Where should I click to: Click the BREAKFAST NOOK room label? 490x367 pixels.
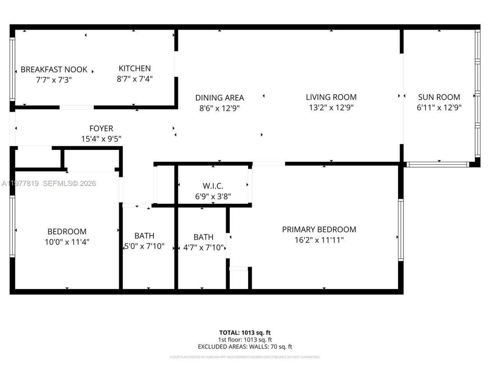[54, 70]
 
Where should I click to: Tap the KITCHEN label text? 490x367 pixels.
[134, 68]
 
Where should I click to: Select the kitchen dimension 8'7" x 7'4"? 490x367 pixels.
[134, 79]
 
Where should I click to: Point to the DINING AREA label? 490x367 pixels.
[219, 98]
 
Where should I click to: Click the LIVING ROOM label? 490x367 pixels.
[331, 97]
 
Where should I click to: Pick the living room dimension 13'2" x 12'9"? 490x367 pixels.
[331, 108]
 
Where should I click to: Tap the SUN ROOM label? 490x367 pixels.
[439, 97]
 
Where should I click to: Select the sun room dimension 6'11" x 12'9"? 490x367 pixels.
[439, 108]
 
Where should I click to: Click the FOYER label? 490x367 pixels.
[101, 128]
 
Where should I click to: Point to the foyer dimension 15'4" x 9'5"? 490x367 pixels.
[101, 139]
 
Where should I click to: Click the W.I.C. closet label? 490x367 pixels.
[213, 186]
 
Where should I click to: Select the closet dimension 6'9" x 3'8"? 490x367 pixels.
[213, 196]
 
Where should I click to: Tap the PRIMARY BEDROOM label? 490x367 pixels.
[319, 229]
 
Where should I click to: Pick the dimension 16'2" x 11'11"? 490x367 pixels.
[319, 240]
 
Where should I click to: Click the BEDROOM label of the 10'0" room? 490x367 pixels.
[67, 232]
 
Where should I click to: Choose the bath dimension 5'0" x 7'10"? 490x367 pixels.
[144, 246]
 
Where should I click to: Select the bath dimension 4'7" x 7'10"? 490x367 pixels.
[203, 247]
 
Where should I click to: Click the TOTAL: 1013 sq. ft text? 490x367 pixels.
[245, 333]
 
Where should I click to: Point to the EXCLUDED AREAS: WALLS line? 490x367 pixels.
[245, 347]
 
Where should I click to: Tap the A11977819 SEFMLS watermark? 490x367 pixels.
[49, 183]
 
